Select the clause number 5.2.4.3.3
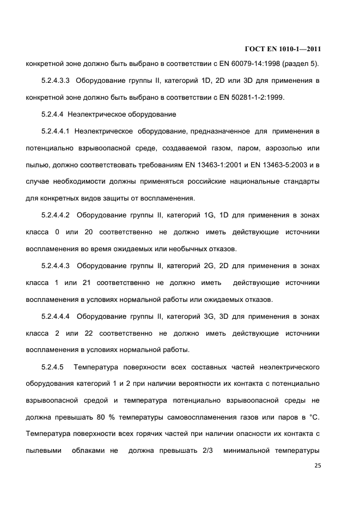point(56,82)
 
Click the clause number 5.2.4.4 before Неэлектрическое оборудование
point(53,115)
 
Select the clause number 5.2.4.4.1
point(56,131)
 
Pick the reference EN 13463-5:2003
point(274,165)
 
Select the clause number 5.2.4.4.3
point(56,266)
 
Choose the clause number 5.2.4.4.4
point(56,317)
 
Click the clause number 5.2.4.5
point(53,367)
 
